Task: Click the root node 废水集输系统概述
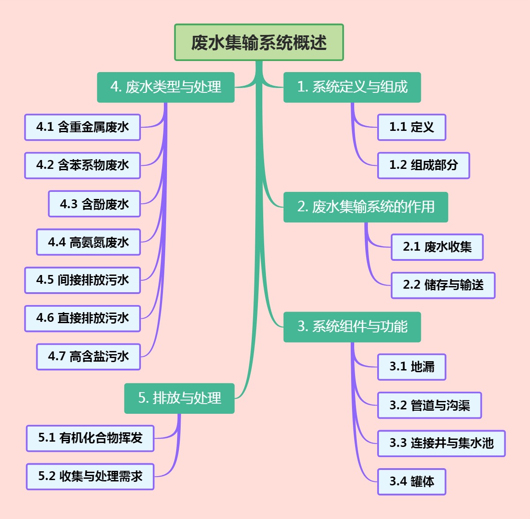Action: (x=259, y=42)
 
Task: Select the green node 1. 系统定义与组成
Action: (x=352, y=87)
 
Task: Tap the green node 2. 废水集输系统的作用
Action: (x=366, y=207)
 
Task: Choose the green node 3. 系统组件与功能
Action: (x=352, y=327)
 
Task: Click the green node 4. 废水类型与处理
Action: (x=166, y=87)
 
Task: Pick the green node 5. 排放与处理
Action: (x=179, y=398)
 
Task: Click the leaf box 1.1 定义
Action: (x=412, y=127)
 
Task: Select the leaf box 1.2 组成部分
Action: (x=424, y=165)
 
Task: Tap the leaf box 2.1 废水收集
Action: (x=437, y=247)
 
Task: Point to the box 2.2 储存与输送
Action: (x=443, y=285)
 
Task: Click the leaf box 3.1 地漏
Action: (x=412, y=367)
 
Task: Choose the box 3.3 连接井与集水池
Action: (x=441, y=443)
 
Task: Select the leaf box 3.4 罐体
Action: (x=412, y=481)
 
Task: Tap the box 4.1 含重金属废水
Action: (x=83, y=127)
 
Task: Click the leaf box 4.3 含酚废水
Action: (x=95, y=204)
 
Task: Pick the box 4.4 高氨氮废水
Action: (x=88, y=242)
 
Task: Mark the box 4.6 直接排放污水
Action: (x=83, y=318)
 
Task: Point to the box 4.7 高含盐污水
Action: (x=88, y=356)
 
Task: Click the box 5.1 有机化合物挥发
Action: (x=90, y=438)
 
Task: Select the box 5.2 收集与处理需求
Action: (x=90, y=476)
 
